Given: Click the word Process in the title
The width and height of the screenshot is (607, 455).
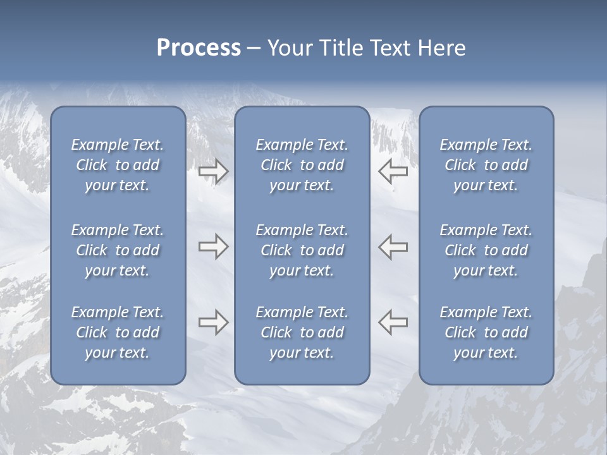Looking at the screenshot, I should [x=199, y=48].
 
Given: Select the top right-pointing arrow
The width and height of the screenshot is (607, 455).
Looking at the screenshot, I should [x=213, y=171].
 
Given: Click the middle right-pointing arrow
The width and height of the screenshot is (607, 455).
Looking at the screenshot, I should [x=213, y=247].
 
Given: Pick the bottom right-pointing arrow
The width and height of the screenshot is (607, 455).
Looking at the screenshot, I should [x=213, y=322].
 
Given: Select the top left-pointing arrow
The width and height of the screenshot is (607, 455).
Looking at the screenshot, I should [x=393, y=171].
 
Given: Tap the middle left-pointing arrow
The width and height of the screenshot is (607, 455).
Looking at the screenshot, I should [x=393, y=247].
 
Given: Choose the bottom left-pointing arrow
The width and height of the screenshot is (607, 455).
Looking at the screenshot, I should [x=393, y=322].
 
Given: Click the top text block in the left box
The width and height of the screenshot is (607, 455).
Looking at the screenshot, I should [x=118, y=165].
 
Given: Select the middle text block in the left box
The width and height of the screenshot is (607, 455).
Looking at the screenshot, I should [x=118, y=250].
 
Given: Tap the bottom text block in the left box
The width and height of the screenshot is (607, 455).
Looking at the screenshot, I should [x=118, y=332].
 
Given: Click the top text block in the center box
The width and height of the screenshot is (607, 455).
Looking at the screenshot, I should [x=302, y=165].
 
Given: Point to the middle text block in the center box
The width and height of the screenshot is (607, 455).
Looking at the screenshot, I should [x=302, y=250].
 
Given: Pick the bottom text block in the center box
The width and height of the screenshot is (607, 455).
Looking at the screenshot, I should [x=302, y=332].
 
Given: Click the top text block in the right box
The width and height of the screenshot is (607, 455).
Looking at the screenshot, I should [x=486, y=165].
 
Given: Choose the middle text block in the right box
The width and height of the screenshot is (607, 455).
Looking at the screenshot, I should [x=486, y=250].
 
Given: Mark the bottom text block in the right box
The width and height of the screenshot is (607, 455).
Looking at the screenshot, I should [x=486, y=332].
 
